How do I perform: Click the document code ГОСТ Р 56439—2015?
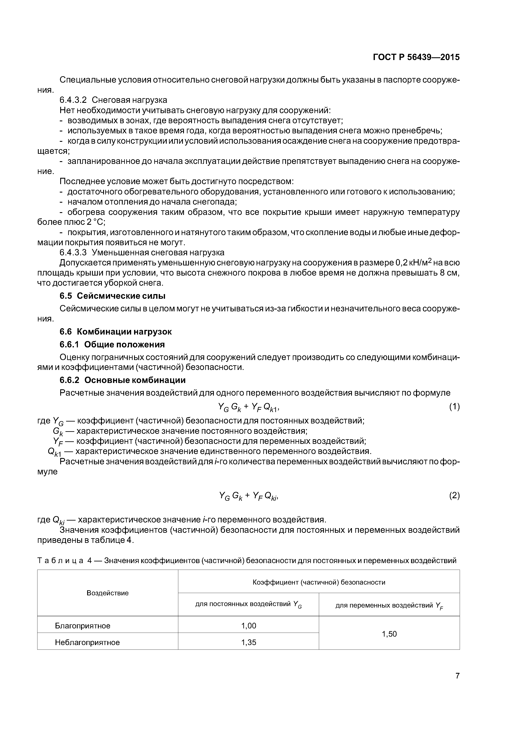click(416, 57)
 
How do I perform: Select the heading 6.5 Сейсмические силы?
click(113, 296)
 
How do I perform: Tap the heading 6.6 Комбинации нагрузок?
click(116, 332)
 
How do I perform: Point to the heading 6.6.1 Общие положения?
click(112, 345)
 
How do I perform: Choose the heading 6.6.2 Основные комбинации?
click(123, 380)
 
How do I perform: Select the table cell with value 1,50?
click(389, 634)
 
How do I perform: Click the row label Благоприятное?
click(83, 626)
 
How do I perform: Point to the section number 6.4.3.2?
click(73, 100)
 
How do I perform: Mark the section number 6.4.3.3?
click(73, 252)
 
